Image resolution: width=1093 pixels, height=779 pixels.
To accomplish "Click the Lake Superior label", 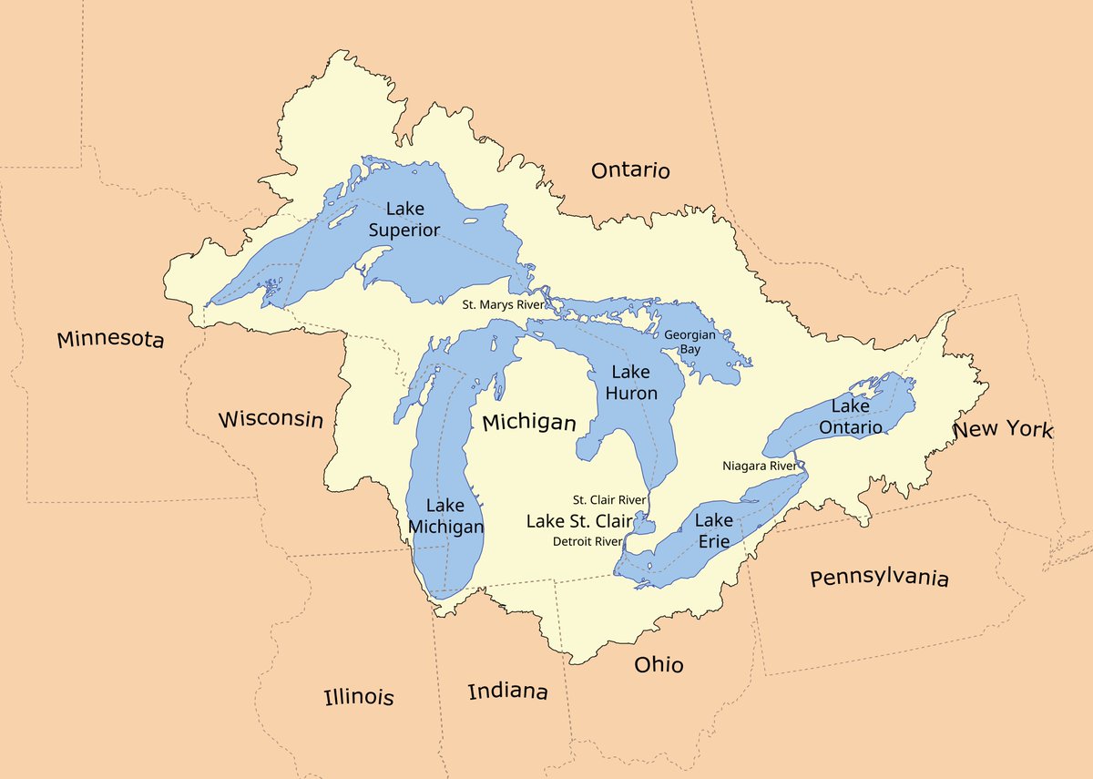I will pyautogui.click(x=403, y=220).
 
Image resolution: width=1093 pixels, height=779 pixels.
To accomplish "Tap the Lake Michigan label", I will pyautogui.click(x=445, y=516).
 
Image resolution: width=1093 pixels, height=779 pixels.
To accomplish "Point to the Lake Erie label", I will pyautogui.click(x=713, y=530).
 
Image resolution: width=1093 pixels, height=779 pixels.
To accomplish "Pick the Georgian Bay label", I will pyautogui.click(x=689, y=342).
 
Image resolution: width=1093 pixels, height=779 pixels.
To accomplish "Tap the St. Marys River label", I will pyautogui.click(x=504, y=304).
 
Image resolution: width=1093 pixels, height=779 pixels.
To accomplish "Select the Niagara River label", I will pyautogui.click(x=759, y=466).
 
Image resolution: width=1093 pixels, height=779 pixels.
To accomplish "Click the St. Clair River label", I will pyautogui.click(x=608, y=500).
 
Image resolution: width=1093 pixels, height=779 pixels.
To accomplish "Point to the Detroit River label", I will pyautogui.click(x=587, y=541).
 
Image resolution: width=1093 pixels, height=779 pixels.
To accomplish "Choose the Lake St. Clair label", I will pyautogui.click(x=579, y=521).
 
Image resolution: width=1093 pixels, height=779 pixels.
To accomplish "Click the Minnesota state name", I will pyautogui.click(x=110, y=340).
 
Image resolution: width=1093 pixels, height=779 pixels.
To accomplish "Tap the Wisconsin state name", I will pyautogui.click(x=271, y=419).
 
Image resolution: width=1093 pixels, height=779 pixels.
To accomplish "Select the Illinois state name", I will pyautogui.click(x=359, y=697).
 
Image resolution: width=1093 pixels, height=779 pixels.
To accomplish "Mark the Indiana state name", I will pyautogui.click(x=507, y=692).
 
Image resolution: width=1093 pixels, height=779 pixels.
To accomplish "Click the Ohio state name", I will pyautogui.click(x=659, y=665).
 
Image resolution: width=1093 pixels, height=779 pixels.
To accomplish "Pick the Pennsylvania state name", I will pyautogui.click(x=879, y=578).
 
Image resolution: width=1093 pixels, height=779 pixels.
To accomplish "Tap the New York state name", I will pyautogui.click(x=1003, y=430).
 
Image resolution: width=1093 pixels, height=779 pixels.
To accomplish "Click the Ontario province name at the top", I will pyautogui.click(x=630, y=170).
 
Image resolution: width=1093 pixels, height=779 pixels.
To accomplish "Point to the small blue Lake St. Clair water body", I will pyautogui.click(x=644, y=524).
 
